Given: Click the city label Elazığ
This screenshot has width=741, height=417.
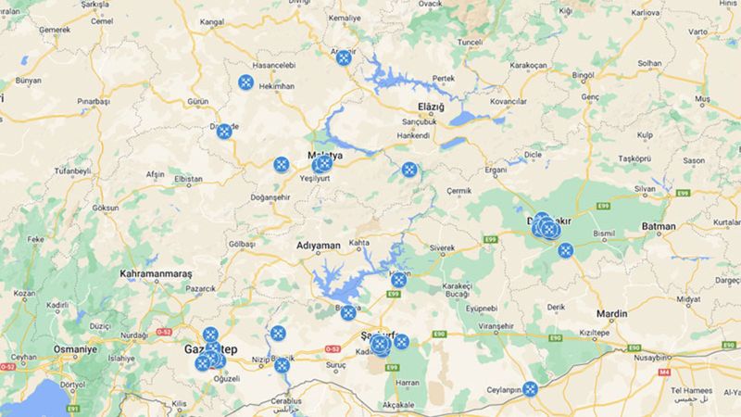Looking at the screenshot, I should [x=432, y=107].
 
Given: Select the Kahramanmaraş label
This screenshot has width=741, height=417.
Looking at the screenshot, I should [x=156, y=274].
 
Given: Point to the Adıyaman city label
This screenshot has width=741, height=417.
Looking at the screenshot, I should [x=319, y=246].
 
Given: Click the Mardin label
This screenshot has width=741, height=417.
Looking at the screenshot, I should [x=612, y=313].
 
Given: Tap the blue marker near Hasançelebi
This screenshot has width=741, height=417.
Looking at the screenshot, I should [x=246, y=82].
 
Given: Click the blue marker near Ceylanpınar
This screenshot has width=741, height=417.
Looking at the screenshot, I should [x=530, y=389].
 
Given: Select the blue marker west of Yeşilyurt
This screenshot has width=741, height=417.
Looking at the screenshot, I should [x=282, y=164].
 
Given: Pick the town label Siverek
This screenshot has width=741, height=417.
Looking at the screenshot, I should [x=442, y=248].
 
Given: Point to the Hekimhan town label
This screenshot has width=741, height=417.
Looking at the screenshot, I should [x=277, y=85].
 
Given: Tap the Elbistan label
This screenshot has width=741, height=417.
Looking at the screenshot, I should [x=188, y=179].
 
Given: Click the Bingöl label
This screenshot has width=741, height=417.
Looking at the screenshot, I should [x=583, y=74].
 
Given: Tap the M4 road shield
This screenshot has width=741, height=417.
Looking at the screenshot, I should [x=663, y=373].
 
